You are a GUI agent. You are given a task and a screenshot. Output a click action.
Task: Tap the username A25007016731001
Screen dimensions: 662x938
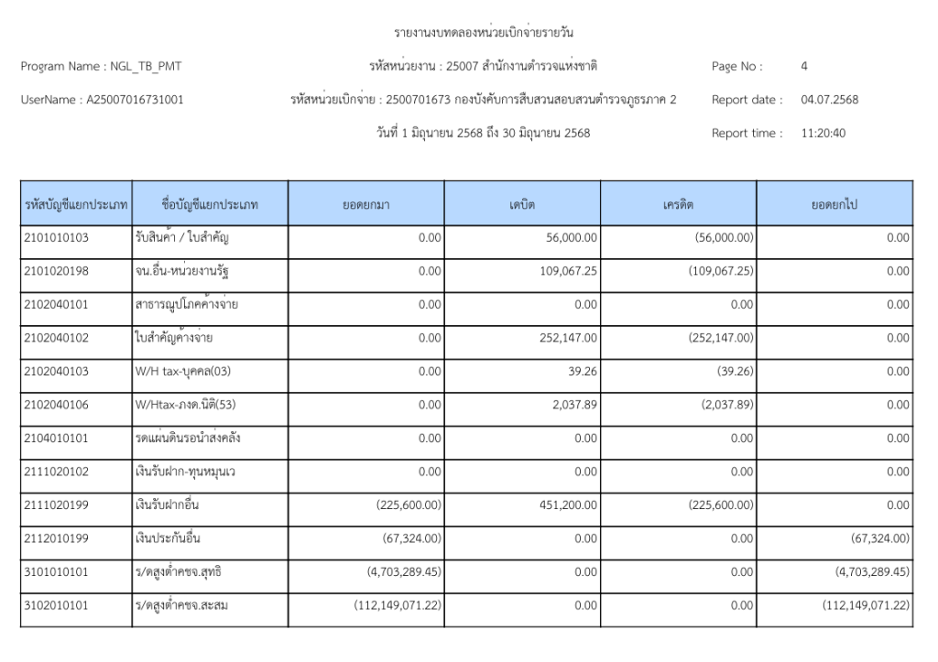134,100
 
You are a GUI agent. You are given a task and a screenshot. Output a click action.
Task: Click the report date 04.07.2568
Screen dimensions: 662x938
829,100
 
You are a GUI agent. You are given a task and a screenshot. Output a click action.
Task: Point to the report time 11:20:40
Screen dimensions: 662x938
823,133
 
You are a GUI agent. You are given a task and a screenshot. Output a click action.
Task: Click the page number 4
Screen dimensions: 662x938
803,66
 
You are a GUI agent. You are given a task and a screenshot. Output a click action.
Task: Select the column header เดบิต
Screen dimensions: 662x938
522,204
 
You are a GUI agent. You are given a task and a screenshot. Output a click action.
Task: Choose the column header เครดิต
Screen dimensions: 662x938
679,204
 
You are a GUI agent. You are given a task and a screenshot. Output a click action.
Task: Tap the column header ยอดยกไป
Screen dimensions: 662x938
834,204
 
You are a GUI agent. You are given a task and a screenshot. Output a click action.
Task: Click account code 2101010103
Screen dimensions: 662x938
56,238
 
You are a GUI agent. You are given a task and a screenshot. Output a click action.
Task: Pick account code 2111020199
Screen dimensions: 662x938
56,505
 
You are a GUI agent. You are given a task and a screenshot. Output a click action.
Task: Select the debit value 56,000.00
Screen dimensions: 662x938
571,238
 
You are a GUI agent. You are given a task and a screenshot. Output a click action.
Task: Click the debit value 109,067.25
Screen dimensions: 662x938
567,271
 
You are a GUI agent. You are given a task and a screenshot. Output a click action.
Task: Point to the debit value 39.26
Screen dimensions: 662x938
583,372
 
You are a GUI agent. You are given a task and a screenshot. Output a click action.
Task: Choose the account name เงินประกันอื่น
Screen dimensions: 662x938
167,538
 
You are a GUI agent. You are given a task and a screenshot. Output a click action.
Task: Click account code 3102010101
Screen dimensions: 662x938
56,605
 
